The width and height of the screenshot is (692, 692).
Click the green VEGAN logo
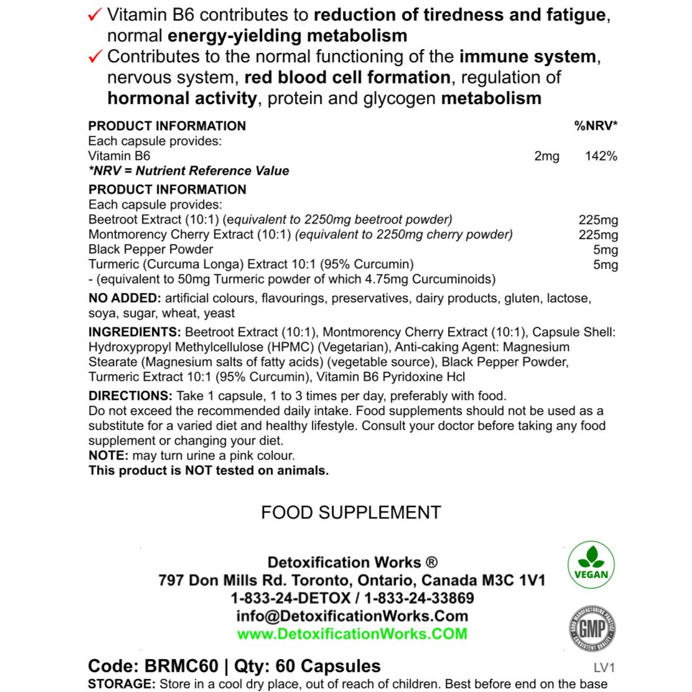591,564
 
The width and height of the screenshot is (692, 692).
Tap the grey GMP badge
591,628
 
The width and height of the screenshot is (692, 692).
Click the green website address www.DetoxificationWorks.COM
352,634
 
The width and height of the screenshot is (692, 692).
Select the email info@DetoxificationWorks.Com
352,616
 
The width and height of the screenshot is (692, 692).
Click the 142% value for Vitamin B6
601,156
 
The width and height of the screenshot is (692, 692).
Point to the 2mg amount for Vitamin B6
546,156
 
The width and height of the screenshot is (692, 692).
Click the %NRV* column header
595,126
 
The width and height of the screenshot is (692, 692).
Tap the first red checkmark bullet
95,16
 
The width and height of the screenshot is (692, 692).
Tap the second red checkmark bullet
95,57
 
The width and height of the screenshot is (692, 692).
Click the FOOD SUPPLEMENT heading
351,513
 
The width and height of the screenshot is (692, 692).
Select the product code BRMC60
181,666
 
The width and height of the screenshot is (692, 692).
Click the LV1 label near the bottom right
604,668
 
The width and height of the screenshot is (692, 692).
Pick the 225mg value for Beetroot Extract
598,220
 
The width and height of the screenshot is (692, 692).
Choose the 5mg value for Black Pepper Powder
605,250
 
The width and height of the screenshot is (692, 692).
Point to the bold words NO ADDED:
124,299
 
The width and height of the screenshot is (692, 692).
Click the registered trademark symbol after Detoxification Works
431,563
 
